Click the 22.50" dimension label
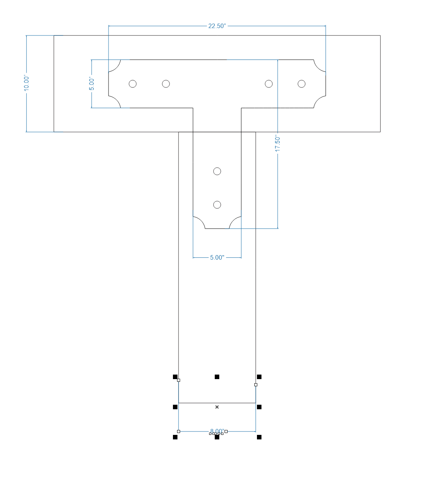217,26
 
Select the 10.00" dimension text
26,83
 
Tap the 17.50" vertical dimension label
278,144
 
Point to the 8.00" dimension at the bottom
217,431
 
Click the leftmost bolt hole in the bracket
133,84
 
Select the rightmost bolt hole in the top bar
301,84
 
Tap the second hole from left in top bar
166,84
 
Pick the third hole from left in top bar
269,84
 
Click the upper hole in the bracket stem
217,171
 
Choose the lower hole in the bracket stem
217,205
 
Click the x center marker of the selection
217,407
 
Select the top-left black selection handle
175,377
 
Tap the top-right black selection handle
259,377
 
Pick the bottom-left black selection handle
175,437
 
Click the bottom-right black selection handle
259,437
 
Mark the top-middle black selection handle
217,377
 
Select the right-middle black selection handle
259,407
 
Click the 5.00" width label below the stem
217,258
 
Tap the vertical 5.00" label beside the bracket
92,84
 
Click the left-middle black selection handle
175,407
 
